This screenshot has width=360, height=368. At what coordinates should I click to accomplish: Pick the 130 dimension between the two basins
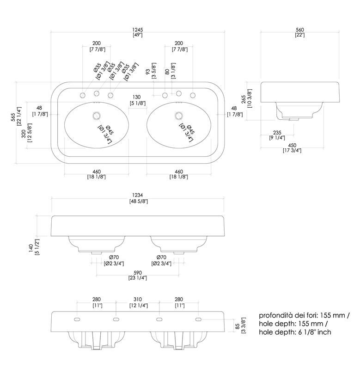tap(136, 97)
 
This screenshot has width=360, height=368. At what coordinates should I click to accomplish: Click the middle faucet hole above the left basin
tap(97, 94)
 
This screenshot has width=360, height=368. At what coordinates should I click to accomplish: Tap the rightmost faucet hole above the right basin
tap(191, 95)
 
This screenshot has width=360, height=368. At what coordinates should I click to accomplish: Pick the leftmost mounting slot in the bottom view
tap(76, 319)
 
